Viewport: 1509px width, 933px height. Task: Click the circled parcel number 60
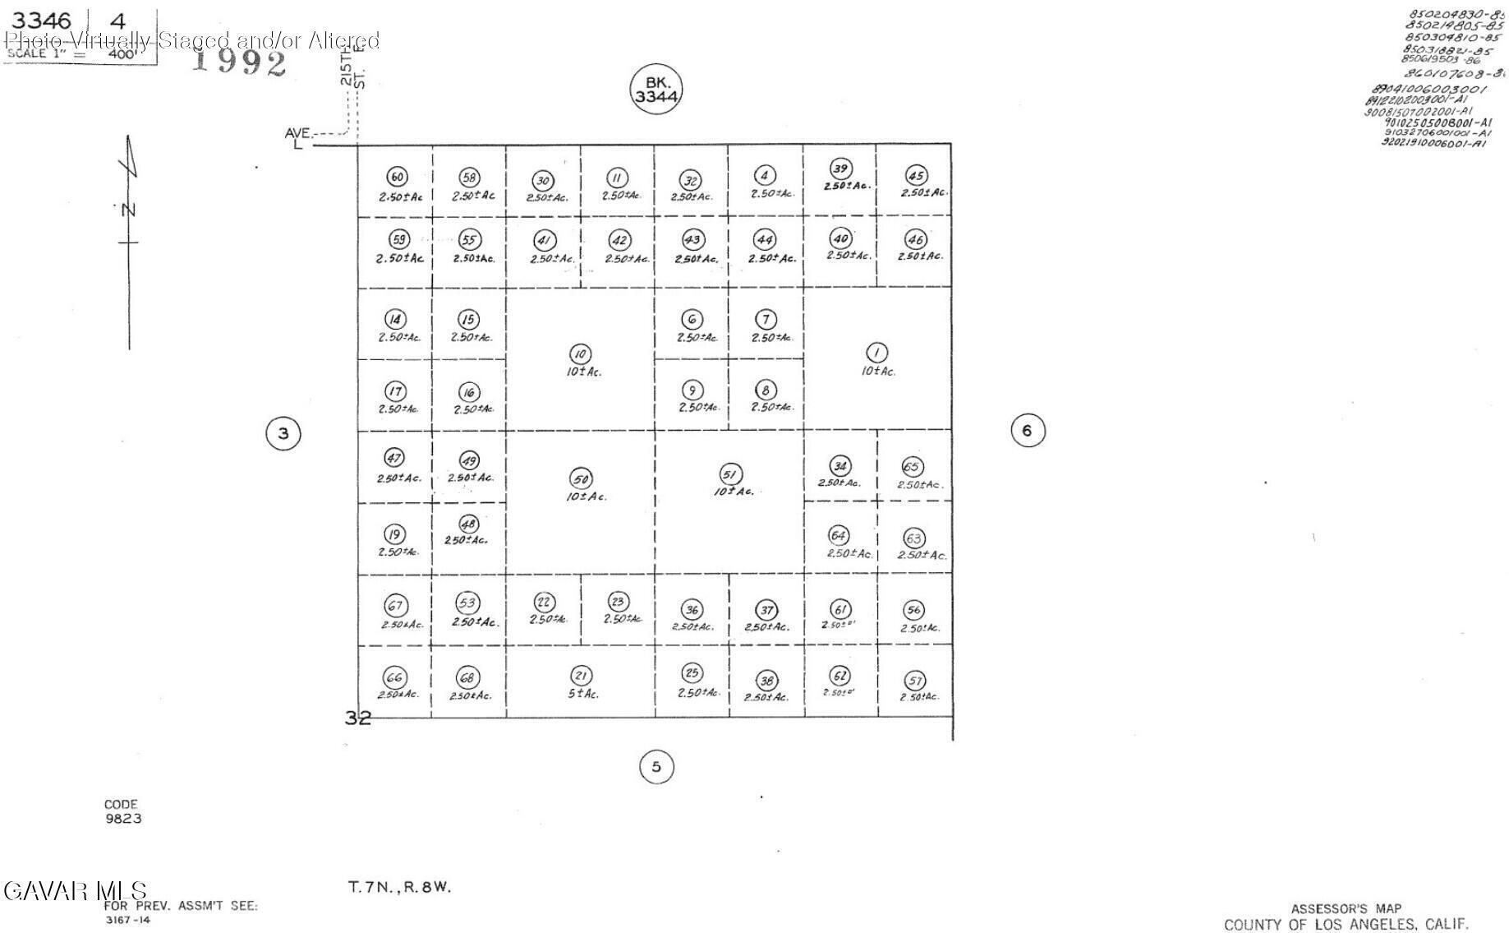pyautogui.click(x=397, y=177)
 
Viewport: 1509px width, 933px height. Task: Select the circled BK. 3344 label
pyautogui.click(x=656, y=89)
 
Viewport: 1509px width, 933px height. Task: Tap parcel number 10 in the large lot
pyautogui.click(x=580, y=354)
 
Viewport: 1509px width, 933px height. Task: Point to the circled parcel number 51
pyautogui.click(x=729, y=474)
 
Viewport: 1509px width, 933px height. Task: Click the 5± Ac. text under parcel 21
pyautogui.click(x=582, y=694)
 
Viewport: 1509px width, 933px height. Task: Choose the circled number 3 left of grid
pyautogui.click(x=283, y=433)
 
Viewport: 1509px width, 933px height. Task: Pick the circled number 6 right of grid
pyautogui.click(x=1027, y=430)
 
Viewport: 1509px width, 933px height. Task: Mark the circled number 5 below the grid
pyautogui.click(x=656, y=767)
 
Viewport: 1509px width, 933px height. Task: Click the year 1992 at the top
pyautogui.click(x=239, y=62)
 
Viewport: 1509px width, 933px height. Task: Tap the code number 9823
pyautogui.click(x=122, y=819)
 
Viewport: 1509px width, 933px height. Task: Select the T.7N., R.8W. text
pyautogui.click(x=399, y=887)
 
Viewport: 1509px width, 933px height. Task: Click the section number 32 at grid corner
pyautogui.click(x=357, y=718)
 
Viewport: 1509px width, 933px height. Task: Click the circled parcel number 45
pyautogui.click(x=916, y=175)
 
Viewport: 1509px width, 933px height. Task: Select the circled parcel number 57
pyautogui.click(x=914, y=681)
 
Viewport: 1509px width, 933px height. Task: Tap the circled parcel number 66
pyautogui.click(x=394, y=677)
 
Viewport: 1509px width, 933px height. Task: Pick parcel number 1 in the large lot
pyautogui.click(x=876, y=353)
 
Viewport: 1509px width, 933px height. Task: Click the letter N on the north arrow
pyautogui.click(x=128, y=210)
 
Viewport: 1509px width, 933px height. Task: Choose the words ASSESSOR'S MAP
pyautogui.click(x=1346, y=908)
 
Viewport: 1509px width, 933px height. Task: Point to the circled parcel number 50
pyautogui.click(x=581, y=479)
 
